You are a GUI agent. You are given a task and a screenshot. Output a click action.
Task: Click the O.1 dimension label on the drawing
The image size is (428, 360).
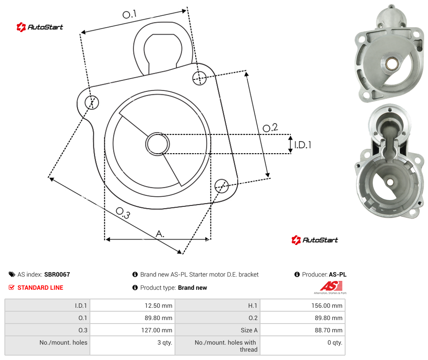pyautogui.click(x=129, y=14)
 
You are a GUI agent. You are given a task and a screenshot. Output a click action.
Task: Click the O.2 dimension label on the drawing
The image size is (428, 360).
pyautogui.click(x=270, y=127)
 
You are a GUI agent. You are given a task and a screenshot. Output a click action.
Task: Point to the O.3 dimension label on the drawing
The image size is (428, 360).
pyautogui.click(x=123, y=213)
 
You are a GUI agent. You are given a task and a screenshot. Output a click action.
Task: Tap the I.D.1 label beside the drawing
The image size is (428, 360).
pyautogui.click(x=303, y=144)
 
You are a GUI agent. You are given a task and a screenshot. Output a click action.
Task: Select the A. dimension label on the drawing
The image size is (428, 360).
pyautogui.click(x=160, y=234)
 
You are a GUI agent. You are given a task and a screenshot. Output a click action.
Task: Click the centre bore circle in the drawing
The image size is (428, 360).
pyautogui.click(x=157, y=144)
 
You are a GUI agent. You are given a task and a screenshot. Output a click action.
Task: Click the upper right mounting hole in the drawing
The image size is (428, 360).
pyautogui.click(x=200, y=78)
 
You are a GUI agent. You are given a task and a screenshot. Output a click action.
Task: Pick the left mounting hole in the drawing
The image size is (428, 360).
pyautogui.click(x=92, y=102)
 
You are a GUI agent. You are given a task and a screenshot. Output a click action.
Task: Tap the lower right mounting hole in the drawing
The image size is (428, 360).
pyautogui.click(x=221, y=186)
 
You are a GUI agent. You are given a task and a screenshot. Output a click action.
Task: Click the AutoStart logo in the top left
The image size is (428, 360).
pyautogui.click(x=40, y=27)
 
